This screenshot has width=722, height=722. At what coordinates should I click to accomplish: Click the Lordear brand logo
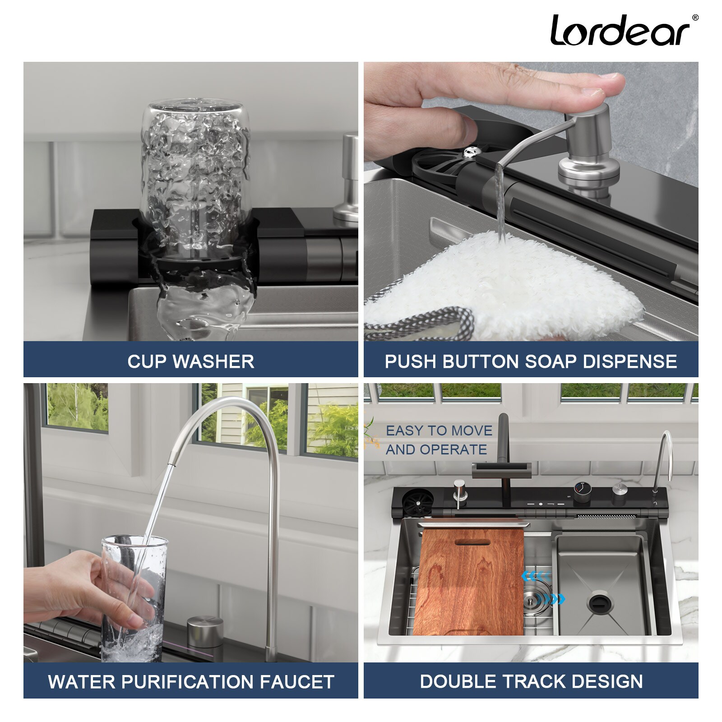coord(620,31)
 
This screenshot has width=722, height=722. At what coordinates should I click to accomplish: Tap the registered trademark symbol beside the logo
coord(695,18)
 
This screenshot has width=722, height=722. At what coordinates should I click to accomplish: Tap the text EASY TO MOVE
coord(439,430)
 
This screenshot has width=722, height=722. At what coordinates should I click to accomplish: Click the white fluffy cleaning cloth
coord(505,280)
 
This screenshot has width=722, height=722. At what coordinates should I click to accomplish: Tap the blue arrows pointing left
coord(536,576)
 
